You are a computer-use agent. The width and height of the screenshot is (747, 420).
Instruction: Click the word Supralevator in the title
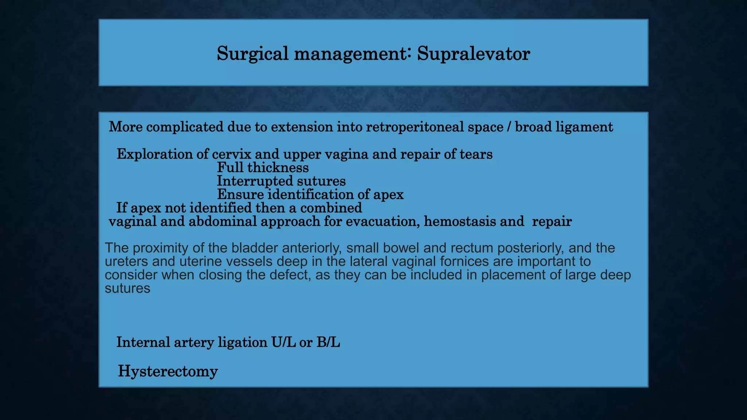click(473, 54)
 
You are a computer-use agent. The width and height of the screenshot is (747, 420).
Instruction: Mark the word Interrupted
click(254, 181)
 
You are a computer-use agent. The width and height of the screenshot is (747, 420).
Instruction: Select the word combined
click(331, 208)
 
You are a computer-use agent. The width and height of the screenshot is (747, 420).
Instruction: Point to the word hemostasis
click(460, 221)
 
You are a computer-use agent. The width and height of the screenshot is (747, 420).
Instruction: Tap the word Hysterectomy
click(168, 372)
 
